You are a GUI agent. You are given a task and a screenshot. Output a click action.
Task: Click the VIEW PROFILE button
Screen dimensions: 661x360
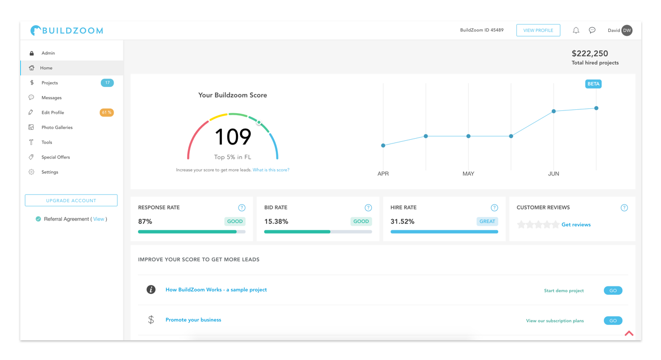point(538,30)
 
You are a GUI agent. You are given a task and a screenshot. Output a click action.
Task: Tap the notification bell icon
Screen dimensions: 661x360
point(576,30)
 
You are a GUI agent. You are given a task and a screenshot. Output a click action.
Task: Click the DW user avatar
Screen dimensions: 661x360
point(627,30)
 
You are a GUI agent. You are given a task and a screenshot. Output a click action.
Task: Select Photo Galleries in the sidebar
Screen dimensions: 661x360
point(57,127)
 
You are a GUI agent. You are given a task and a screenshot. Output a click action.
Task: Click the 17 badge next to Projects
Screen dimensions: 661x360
point(107,83)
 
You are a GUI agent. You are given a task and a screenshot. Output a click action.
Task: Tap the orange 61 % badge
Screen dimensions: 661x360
point(107,113)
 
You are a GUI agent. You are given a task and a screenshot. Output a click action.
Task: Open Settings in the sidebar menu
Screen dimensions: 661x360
point(50,172)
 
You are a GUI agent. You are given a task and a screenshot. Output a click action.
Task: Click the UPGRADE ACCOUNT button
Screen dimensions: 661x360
point(71,201)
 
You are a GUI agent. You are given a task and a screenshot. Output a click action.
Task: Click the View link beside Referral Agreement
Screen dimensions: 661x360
point(99,219)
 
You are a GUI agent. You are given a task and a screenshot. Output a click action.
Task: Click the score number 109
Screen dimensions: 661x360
point(233,137)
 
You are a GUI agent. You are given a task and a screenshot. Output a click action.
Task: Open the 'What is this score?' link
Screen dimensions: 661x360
point(271,170)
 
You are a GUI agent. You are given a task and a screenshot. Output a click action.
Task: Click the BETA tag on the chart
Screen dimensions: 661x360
point(593,84)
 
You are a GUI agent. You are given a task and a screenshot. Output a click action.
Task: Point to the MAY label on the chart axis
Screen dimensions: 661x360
point(468,173)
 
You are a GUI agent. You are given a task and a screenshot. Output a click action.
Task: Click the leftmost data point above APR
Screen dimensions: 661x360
point(383,146)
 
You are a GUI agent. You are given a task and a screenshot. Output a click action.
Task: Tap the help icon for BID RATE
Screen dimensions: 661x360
point(368,208)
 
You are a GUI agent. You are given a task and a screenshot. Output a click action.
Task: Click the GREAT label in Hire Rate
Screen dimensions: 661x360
point(487,221)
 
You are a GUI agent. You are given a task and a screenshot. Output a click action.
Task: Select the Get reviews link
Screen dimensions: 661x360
point(576,225)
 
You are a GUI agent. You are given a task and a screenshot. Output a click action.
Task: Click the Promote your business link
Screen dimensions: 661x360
point(193,320)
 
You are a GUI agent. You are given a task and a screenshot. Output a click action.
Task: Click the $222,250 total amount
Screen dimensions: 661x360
point(590,53)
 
